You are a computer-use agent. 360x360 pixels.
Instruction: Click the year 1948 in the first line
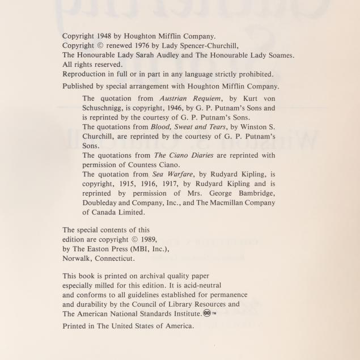coord(105,36)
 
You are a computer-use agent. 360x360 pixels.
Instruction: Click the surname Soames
coord(279,56)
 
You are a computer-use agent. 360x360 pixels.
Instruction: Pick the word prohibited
coord(254,74)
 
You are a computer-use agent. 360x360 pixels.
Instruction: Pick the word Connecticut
coord(114,259)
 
